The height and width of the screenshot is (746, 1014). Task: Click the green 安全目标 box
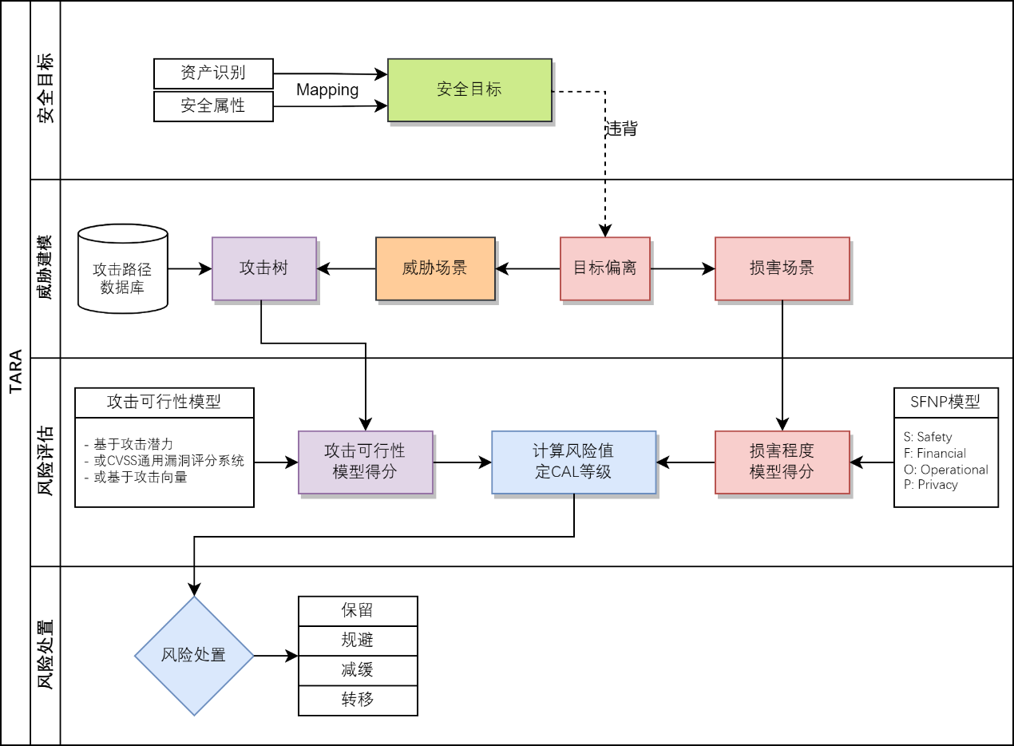[469, 89]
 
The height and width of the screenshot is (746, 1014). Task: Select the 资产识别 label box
[213, 73]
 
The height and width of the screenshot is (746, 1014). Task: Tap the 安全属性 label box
[213, 106]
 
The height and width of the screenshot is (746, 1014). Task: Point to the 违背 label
[622, 129]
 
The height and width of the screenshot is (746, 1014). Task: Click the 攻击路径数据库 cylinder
[123, 269]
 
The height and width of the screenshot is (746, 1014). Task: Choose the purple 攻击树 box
[264, 268]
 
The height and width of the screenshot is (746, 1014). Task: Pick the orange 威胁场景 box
[435, 268]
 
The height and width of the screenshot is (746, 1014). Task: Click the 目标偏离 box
[605, 268]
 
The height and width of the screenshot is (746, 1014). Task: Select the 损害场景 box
[782, 268]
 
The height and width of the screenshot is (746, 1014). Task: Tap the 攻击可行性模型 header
[164, 403]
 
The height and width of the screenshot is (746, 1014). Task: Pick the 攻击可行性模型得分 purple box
[366, 462]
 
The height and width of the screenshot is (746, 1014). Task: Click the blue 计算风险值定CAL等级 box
[573, 462]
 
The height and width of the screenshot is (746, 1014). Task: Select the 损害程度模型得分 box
[782, 462]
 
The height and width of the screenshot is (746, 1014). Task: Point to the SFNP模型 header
[945, 403]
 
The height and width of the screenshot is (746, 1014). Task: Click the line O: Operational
[946, 470]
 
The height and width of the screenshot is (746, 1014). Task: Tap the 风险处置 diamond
[194, 656]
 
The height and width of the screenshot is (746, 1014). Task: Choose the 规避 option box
[358, 641]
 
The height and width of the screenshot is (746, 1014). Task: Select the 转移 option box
[358, 700]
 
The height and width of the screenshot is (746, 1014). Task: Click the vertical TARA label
[15, 373]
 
